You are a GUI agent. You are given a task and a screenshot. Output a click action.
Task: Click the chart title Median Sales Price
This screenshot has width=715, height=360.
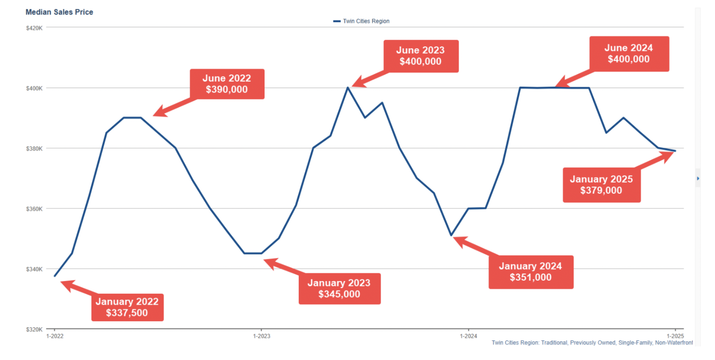tap(59, 12)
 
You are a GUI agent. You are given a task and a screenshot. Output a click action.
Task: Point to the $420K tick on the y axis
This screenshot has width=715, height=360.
tap(34, 28)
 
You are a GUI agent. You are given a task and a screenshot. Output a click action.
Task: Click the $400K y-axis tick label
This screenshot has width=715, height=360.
tap(34, 88)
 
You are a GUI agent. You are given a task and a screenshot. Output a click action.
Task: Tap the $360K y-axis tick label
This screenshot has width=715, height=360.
tap(34, 209)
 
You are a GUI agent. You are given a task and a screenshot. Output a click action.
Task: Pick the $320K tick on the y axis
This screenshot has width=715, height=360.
tap(34, 329)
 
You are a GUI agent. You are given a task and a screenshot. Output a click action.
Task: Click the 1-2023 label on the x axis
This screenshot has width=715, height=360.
tap(262, 336)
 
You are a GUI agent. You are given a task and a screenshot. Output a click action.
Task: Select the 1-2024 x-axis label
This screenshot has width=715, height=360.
tap(468, 336)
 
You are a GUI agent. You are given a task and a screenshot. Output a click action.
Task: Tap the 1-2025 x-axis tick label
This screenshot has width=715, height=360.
tap(675, 336)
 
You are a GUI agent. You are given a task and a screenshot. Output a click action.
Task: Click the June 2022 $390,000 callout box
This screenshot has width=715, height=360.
tap(227, 84)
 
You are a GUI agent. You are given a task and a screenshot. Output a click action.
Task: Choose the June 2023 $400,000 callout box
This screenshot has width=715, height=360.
tap(421, 56)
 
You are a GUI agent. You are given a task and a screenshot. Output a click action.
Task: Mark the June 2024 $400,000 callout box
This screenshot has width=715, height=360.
tap(629, 54)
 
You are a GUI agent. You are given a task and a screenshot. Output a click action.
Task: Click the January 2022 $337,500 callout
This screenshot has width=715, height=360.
tap(127, 307)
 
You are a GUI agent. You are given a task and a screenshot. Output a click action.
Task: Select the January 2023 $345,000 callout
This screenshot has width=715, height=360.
tap(339, 289)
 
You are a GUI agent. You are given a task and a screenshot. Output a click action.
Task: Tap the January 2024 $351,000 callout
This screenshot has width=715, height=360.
tap(531, 272)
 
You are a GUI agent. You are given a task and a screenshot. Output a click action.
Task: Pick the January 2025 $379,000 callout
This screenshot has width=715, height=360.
tap(601, 185)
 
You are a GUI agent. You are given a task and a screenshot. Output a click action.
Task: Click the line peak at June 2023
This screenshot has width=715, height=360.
tap(347, 88)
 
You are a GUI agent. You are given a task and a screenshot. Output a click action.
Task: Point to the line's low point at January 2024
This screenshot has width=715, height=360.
tap(451, 235)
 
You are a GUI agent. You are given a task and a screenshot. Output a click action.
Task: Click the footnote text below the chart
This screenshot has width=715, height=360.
tap(592, 343)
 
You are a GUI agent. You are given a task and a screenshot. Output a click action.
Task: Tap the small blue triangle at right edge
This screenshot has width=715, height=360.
tap(698, 178)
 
